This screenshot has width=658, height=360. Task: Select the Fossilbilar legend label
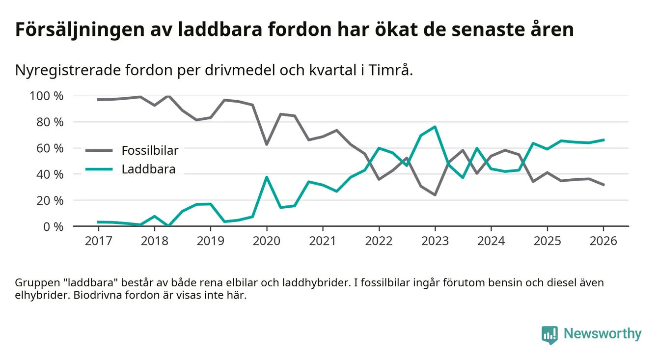150,150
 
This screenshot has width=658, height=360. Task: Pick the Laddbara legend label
148,170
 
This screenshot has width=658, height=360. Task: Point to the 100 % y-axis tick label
47,96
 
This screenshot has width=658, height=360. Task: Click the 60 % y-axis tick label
50,148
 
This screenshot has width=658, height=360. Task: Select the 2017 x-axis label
98,242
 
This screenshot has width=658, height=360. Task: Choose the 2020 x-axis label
267,242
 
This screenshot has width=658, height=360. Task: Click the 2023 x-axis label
435,242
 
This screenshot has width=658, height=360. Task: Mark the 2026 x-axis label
603,242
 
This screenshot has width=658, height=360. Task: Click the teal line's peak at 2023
435,127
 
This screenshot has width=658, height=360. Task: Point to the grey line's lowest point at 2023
435,195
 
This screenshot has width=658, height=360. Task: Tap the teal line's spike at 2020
267,177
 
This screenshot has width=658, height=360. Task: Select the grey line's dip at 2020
267,144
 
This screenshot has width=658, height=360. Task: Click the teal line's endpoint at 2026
603,140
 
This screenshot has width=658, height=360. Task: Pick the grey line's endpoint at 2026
603,185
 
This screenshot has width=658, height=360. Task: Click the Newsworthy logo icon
549,334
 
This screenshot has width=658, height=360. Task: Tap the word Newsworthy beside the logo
602,334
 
